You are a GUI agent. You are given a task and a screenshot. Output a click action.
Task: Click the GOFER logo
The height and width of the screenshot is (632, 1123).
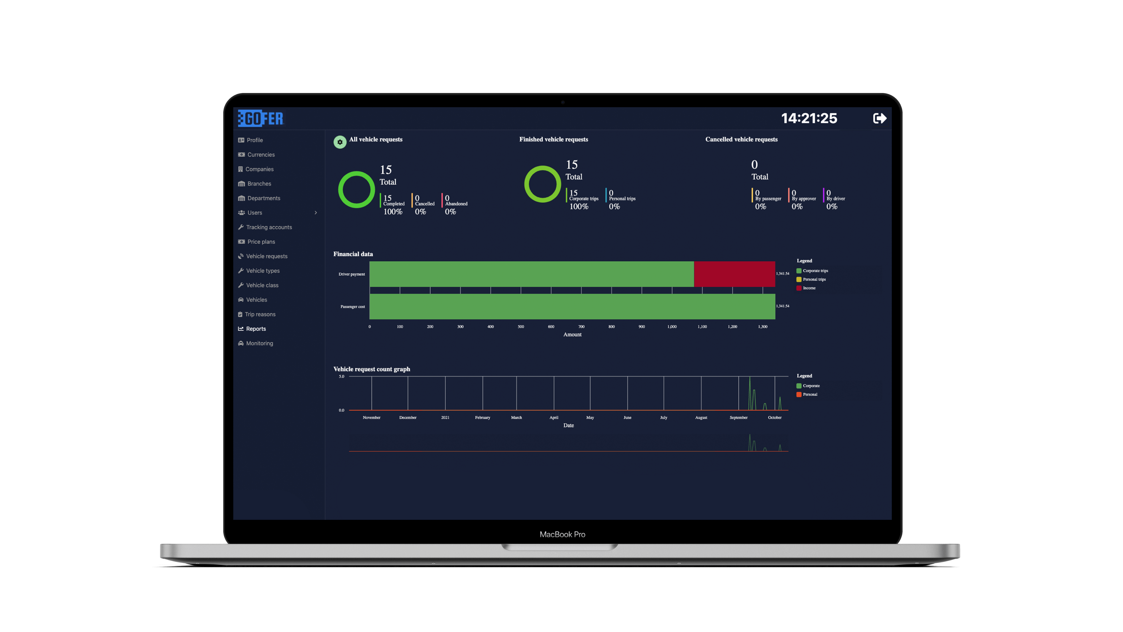pyautogui.click(x=261, y=118)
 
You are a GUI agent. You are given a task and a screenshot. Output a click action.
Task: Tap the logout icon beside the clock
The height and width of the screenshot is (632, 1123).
pyautogui.click(x=880, y=118)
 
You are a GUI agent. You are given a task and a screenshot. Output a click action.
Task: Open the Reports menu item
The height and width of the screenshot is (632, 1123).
pyautogui.click(x=256, y=329)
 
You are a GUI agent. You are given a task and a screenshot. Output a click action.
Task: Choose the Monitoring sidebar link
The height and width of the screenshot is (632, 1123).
pyautogui.click(x=259, y=343)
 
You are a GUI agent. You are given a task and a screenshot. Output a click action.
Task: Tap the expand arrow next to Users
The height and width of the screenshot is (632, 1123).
pyautogui.click(x=316, y=213)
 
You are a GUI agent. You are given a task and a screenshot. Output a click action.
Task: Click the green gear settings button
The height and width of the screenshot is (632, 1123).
pyautogui.click(x=340, y=142)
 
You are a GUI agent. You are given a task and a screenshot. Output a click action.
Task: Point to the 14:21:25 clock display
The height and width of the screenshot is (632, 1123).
pyautogui.click(x=809, y=118)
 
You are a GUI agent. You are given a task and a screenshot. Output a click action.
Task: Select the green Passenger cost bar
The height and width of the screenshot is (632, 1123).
pyautogui.click(x=572, y=306)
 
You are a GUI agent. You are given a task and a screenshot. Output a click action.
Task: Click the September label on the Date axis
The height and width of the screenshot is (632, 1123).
pyautogui.click(x=738, y=418)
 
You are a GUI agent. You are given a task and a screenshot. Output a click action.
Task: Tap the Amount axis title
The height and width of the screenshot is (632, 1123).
pyautogui.click(x=572, y=334)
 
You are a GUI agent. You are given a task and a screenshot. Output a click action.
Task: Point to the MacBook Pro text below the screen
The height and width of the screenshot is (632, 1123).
pyautogui.click(x=562, y=534)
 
